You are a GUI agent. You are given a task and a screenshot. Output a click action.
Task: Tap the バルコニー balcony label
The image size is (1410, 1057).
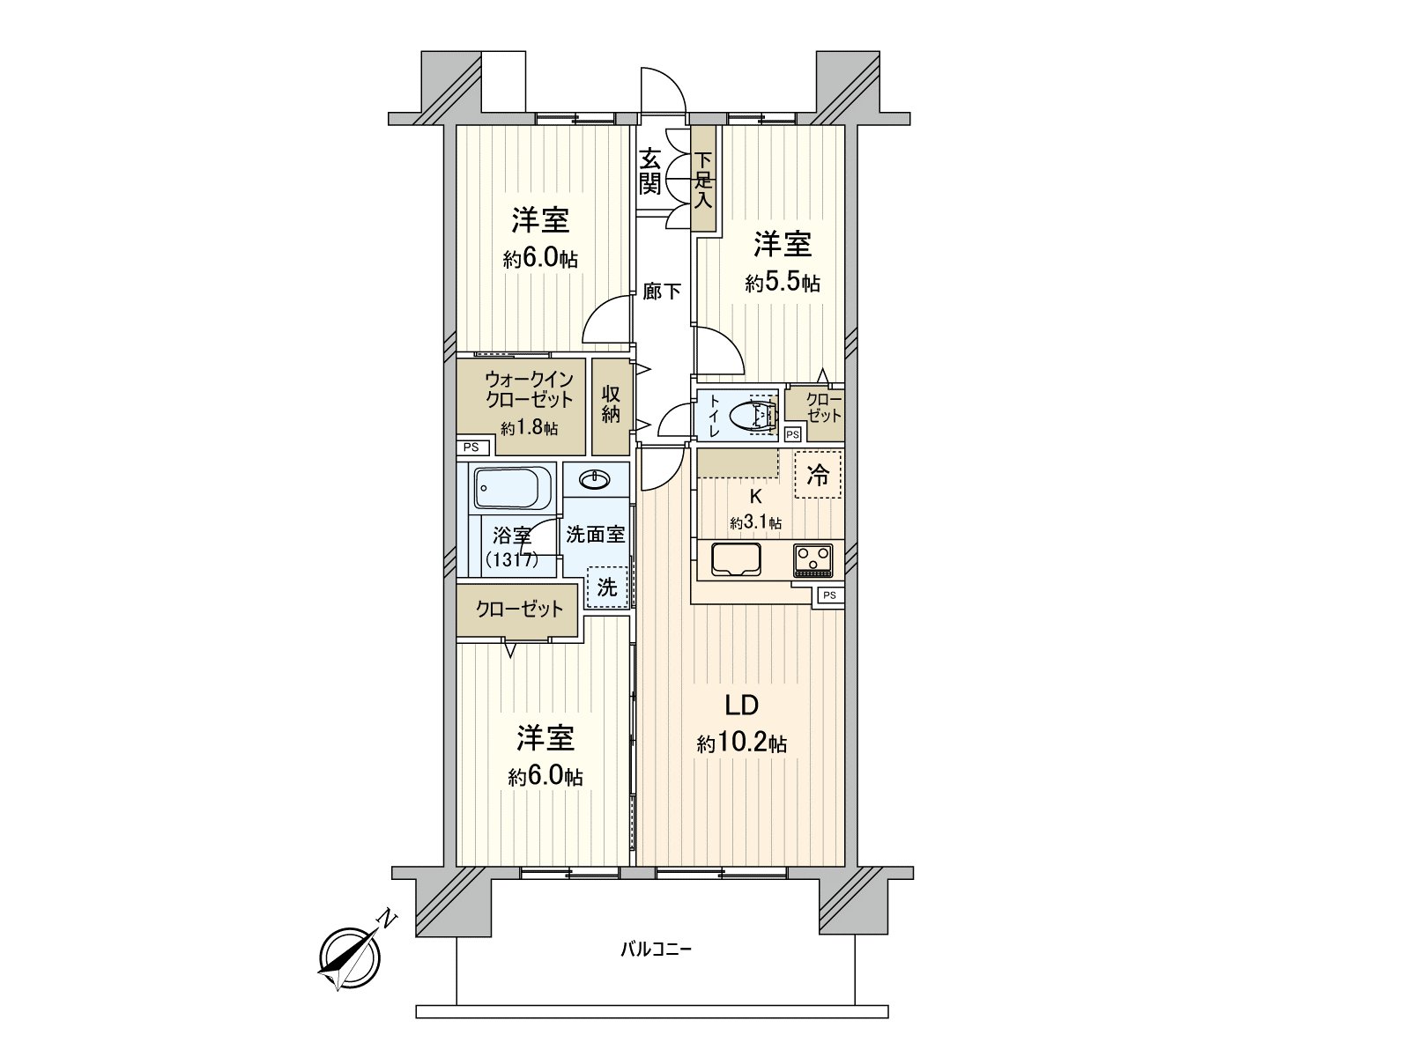(x=656, y=949)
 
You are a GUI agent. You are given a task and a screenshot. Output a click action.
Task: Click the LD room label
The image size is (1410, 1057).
(x=741, y=706)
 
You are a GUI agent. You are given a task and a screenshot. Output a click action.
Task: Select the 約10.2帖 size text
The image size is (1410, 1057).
(x=741, y=744)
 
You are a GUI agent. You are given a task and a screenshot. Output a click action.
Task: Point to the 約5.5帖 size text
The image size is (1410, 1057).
(x=782, y=283)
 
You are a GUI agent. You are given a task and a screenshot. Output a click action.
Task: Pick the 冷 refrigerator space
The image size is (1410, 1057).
(x=818, y=476)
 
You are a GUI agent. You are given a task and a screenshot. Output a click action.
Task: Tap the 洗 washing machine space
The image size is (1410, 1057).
(x=607, y=587)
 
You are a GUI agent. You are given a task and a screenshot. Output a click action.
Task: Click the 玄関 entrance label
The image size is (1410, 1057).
(x=649, y=172)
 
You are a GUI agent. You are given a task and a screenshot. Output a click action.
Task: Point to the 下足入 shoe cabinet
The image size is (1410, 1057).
(x=702, y=181)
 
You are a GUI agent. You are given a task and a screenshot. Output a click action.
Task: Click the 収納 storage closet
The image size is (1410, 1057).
(x=611, y=405)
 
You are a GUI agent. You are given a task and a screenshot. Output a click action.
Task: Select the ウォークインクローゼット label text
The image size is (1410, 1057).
(x=529, y=388)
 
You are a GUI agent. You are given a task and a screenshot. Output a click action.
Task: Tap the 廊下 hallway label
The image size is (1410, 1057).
(x=661, y=290)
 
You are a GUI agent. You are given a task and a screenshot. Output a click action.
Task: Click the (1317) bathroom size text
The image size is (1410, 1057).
(x=511, y=558)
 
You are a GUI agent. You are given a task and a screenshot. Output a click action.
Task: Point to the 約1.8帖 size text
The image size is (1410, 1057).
(x=529, y=428)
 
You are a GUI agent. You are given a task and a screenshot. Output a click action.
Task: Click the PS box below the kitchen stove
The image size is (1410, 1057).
(x=829, y=595)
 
